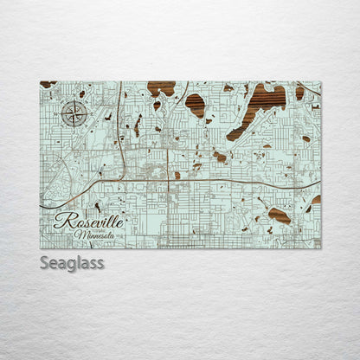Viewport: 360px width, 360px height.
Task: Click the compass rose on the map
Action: [74, 113]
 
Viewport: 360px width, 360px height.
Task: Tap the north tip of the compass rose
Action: [74, 100]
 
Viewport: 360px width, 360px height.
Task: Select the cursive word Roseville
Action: [88, 222]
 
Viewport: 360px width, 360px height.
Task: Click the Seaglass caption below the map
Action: [71, 262]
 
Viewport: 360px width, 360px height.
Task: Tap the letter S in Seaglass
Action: [45, 261]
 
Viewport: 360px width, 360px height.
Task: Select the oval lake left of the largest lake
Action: [196, 105]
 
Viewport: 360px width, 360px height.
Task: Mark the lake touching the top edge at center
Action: [161, 87]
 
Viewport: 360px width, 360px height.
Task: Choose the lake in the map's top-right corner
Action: [299, 91]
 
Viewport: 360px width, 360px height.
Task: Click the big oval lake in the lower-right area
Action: [279, 215]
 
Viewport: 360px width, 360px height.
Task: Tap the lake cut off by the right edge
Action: [316, 200]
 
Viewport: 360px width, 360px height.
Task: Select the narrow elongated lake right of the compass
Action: [138, 125]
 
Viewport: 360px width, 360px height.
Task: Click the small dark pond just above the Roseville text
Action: [97, 206]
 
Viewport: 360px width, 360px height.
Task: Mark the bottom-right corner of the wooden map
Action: [319, 247]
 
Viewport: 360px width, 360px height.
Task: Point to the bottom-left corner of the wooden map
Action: [41, 247]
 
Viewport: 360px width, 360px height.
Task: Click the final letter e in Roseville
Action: [121, 222]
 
